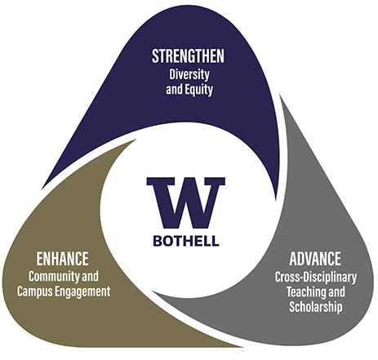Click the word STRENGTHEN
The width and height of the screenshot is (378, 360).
188,56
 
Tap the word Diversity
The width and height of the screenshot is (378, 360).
189,75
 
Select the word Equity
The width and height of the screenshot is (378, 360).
198,90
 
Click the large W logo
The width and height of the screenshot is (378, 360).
186,202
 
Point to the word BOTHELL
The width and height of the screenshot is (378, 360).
186,241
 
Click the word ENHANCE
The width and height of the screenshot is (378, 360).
62,259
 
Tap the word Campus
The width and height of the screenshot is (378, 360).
34,291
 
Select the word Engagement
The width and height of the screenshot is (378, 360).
82,292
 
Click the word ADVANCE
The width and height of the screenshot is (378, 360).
315,259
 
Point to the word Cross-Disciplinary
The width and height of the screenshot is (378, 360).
316,278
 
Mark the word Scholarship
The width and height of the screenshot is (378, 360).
316,307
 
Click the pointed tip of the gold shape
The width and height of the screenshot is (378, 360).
243,347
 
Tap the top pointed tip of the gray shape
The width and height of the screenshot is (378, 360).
280,95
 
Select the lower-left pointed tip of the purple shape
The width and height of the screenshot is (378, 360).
42,189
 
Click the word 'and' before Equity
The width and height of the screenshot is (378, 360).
174,90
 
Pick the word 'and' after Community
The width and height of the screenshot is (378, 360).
90,277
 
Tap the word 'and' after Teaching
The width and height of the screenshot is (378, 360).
336,291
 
